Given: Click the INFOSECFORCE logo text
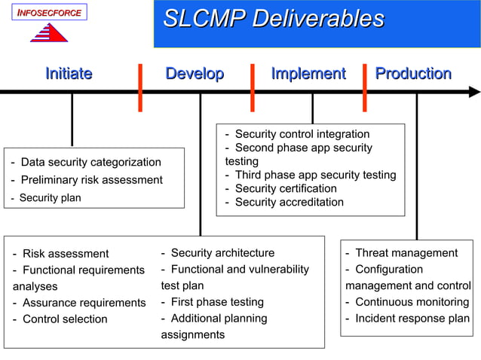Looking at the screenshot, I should (x=49, y=13).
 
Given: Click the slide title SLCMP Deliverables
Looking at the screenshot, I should (x=274, y=19).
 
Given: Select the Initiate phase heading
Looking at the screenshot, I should (x=69, y=74).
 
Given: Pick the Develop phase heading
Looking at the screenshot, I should (x=195, y=74).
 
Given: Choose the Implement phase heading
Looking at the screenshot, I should (x=308, y=74).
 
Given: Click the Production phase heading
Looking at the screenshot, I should (x=413, y=74).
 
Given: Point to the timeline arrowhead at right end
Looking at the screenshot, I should (x=473, y=92).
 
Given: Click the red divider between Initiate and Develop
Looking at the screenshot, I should (x=140, y=87).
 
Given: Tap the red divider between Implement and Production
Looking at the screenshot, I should (x=365, y=87).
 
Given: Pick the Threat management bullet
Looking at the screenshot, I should (x=406, y=253).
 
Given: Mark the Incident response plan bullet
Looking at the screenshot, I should (x=412, y=319).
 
